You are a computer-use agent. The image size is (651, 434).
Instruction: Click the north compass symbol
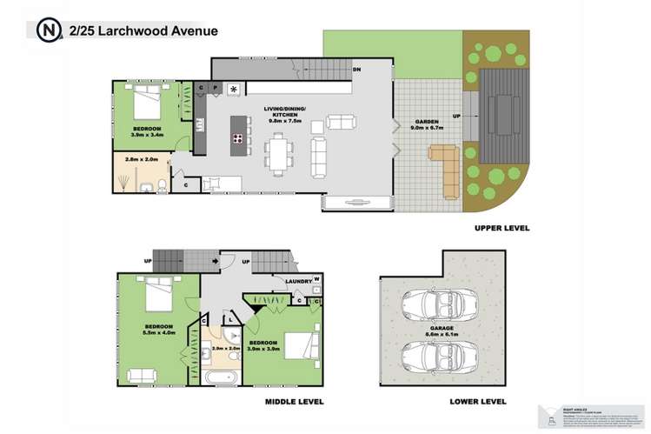(47, 30)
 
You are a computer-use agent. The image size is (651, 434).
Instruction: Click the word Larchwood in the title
(136, 30)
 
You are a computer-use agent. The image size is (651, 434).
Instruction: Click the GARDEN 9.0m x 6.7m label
(425, 125)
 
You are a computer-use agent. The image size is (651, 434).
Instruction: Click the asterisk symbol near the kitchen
(233, 89)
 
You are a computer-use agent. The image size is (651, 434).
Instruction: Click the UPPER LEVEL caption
(502, 228)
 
